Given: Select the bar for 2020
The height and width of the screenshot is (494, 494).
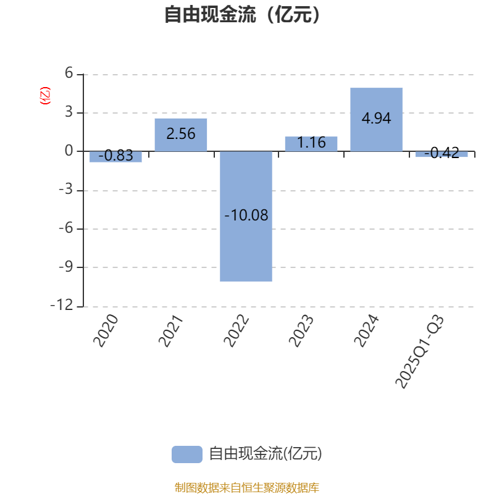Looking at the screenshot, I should pyautogui.click(x=115, y=157).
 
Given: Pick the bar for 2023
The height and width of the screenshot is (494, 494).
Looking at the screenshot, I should pyautogui.click(x=311, y=144).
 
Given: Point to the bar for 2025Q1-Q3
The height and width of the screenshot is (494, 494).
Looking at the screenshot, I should pyautogui.click(x=442, y=154).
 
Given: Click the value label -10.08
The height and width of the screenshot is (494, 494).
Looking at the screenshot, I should pyautogui.click(x=246, y=216).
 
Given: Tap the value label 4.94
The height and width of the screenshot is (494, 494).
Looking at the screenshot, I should pyautogui.click(x=376, y=119).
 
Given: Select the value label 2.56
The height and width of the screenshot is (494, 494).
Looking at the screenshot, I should pyautogui.click(x=181, y=133).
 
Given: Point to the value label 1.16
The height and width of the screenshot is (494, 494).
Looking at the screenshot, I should pyautogui.click(x=311, y=143).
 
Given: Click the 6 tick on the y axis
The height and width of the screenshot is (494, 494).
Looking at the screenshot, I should pyautogui.click(x=69, y=74).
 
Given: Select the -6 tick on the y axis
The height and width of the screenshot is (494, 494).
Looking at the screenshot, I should pyautogui.click(x=65, y=228).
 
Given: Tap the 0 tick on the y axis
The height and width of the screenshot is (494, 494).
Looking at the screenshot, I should pyautogui.click(x=69, y=151).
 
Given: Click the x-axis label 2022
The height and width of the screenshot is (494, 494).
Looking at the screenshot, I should pyautogui.click(x=237, y=331).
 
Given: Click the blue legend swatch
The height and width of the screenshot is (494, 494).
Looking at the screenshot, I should pyautogui.click(x=186, y=454).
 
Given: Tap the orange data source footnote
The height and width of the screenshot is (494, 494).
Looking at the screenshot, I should pyautogui.click(x=247, y=488).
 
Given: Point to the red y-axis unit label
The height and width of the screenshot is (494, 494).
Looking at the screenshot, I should pyautogui.click(x=44, y=96).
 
